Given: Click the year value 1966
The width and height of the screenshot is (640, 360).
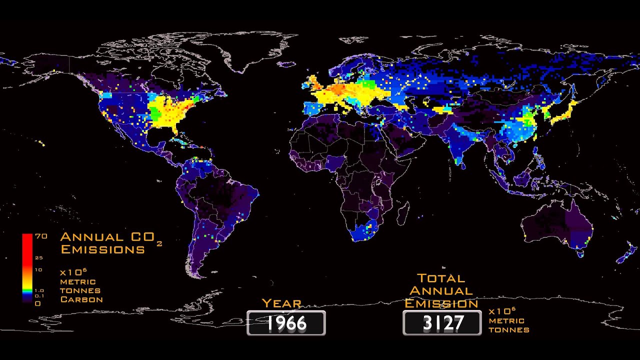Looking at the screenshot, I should (x=286, y=323).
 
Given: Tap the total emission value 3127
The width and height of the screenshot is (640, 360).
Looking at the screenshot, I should (x=442, y=323).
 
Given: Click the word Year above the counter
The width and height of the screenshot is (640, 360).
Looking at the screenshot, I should (x=281, y=303).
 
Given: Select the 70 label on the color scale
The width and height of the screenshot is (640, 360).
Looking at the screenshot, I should (x=41, y=237).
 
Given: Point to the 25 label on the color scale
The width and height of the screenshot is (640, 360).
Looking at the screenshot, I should (x=39, y=258).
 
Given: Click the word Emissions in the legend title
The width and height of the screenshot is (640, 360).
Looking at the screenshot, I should (x=102, y=249).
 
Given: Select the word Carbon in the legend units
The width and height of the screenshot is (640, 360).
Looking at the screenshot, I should (x=81, y=299).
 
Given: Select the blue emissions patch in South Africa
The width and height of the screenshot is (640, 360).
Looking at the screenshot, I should (x=363, y=232).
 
